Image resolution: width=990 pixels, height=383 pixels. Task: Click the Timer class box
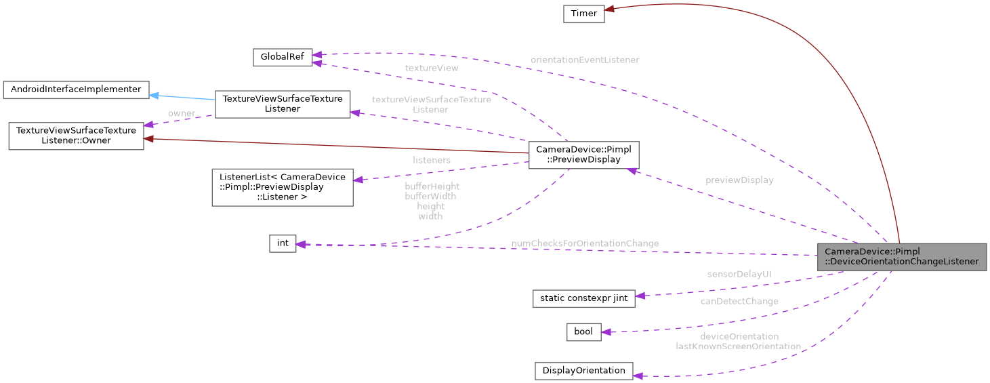point(583,14)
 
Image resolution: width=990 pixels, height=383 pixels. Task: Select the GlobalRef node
point(282,58)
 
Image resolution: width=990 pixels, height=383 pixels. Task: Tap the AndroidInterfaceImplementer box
point(76,89)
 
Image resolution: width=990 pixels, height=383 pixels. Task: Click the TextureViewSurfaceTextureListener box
point(282,104)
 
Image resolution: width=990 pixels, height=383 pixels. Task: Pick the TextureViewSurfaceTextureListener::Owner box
point(75,136)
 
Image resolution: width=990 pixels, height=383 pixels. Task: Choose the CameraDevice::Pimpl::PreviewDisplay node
point(583,155)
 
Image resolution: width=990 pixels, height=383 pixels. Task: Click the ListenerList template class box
point(282,187)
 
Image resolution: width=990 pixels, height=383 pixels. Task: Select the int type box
point(283,243)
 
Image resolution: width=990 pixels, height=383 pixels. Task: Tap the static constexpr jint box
point(583,298)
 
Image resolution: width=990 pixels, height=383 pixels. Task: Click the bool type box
point(583,331)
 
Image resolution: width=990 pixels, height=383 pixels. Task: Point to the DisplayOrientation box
point(583,371)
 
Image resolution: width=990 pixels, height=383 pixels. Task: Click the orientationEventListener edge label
point(584,60)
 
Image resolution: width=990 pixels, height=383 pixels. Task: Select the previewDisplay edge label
point(739,180)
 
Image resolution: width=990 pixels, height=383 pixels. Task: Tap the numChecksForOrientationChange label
point(584,243)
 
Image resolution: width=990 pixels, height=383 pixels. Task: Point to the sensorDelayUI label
point(739,274)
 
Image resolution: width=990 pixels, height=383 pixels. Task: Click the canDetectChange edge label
point(739,301)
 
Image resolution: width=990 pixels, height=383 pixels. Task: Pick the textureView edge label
point(431,68)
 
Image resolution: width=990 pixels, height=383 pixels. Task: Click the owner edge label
point(181,113)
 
